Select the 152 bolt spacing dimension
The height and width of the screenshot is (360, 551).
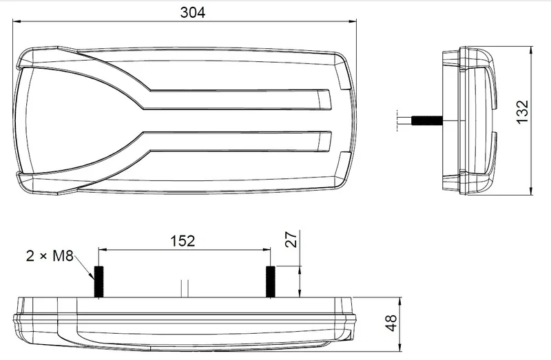click(x=182, y=240)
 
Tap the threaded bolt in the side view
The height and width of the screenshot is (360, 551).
click(x=426, y=121)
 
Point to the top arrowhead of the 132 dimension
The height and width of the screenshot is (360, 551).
click(x=532, y=50)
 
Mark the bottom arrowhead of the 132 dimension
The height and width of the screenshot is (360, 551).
click(x=532, y=192)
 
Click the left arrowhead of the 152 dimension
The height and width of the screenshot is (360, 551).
click(x=103, y=249)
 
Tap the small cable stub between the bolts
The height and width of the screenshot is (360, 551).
click(x=183, y=288)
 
